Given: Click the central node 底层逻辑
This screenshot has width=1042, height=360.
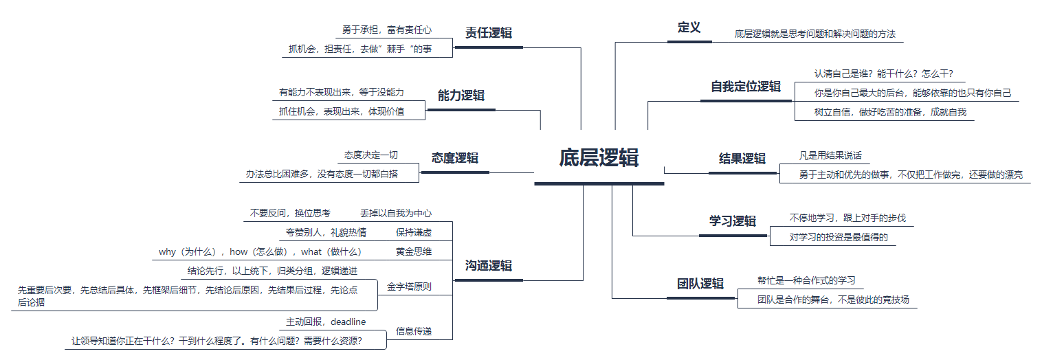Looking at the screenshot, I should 599,158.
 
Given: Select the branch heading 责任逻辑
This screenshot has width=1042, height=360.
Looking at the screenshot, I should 489,32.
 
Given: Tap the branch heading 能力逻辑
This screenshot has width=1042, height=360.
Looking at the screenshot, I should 461,95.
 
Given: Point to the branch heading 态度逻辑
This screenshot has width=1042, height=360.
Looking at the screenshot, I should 455,158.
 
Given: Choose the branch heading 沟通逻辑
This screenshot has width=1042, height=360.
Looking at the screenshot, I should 489,266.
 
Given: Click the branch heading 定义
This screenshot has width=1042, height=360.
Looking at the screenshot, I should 689,27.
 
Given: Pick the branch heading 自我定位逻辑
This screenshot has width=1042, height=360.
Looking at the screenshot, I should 746,87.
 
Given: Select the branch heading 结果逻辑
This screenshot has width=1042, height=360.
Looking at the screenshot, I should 742,159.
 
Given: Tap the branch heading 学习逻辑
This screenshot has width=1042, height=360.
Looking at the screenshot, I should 733,221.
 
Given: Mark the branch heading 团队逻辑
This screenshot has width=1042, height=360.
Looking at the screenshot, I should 700,284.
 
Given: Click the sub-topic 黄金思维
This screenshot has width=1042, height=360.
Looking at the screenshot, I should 414,251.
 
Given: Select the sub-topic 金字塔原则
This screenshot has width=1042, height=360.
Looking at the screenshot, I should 410,286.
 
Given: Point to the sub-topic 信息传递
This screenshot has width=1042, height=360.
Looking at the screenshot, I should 414,332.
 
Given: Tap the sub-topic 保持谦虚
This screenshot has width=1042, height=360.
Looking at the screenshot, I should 414,232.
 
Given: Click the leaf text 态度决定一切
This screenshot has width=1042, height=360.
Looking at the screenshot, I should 371,155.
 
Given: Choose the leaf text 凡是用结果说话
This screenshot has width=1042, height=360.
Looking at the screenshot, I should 830,155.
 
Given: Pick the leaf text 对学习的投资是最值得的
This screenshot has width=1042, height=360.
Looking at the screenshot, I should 839,238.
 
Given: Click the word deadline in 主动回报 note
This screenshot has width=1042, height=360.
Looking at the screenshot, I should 348,322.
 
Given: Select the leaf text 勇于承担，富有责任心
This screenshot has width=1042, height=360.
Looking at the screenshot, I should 387,30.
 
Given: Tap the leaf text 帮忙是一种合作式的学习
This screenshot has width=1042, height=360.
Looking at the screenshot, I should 806,280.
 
